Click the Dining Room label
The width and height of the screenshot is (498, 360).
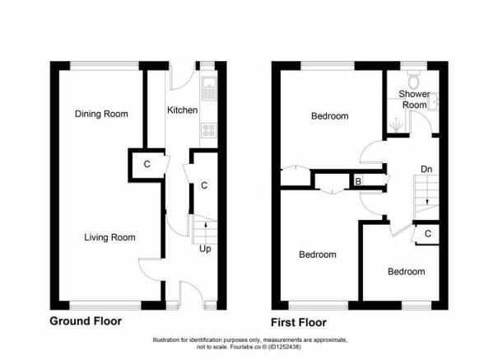(x=101, y=114)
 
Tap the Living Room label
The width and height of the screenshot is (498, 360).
(x=109, y=237)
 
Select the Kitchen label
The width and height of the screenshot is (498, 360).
(x=181, y=110)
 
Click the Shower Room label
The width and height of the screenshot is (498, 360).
(x=414, y=99)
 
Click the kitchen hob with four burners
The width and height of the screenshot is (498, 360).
(x=209, y=129)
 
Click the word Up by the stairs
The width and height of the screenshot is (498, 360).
(x=202, y=248)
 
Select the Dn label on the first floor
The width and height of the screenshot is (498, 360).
(x=426, y=170)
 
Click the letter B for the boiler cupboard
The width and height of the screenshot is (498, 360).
(x=358, y=180)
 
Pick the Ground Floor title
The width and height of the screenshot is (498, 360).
(x=86, y=321)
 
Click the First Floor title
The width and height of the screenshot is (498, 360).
(x=299, y=322)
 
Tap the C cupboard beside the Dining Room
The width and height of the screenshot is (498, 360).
(x=147, y=164)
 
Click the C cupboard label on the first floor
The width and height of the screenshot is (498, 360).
(x=427, y=234)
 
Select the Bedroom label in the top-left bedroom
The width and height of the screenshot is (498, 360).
(x=329, y=116)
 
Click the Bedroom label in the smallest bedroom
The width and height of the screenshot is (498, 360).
(x=407, y=271)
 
